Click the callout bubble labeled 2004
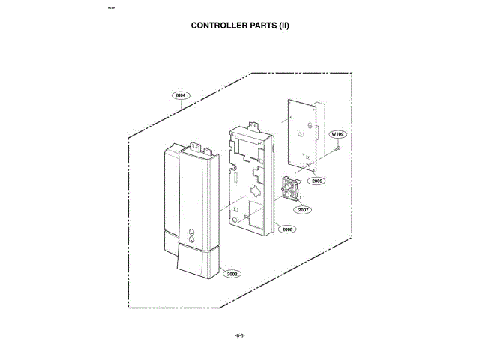[x=180, y=95]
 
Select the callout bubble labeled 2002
[x=232, y=274]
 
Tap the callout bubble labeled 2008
[x=287, y=230]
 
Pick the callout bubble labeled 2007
[x=303, y=210]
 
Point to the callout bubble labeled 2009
[x=318, y=181]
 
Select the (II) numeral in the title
[x=285, y=25]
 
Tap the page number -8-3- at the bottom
[x=240, y=334]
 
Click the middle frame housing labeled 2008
[x=252, y=180]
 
